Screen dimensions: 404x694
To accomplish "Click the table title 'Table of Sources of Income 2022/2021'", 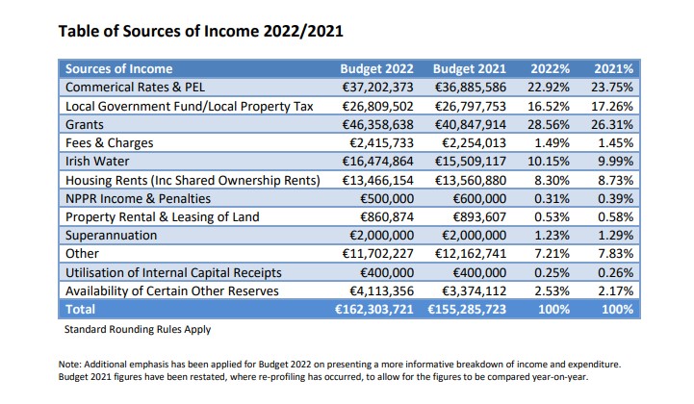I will (201, 31).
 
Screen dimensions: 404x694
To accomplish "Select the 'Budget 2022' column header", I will (377, 69).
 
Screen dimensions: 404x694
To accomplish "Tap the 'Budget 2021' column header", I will (470, 69).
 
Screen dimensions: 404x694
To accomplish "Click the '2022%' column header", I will (550, 69).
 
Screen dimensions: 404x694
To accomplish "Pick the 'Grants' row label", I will (85, 125).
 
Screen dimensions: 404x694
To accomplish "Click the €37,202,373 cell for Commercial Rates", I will (377, 88).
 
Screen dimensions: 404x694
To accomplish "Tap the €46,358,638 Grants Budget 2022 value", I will (377, 125).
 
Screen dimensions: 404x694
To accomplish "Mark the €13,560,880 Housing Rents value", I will (470, 180).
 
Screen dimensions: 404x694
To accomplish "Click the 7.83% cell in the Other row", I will (613, 254).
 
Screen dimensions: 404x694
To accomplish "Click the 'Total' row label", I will (81, 310).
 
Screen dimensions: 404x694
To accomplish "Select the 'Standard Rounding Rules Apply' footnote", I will (136, 329).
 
